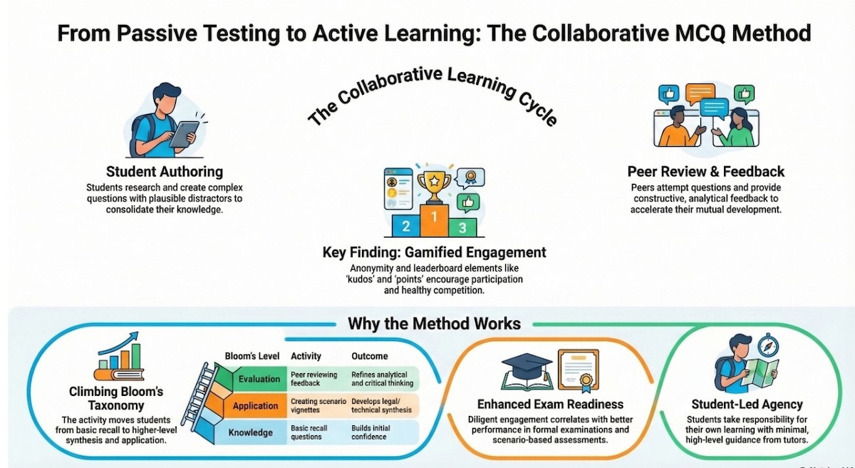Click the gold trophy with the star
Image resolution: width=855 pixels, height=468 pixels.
tap(434, 187)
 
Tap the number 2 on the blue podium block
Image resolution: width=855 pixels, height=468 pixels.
tap(405, 226)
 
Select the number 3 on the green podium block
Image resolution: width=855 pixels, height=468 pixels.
tap(462, 228)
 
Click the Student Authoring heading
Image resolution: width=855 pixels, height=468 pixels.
tap(165, 171)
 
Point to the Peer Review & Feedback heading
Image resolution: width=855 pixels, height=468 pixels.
tap(706, 171)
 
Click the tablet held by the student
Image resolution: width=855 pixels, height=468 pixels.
tap(184, 134)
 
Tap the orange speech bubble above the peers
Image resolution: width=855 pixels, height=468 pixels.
tap(700, 93)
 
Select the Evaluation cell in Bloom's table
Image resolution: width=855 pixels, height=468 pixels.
tap(259, 379)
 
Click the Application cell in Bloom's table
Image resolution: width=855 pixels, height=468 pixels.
tap(255, 406)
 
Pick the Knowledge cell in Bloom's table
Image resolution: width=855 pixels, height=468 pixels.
tap(250, 432)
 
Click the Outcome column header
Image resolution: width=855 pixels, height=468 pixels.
tap(370, 356)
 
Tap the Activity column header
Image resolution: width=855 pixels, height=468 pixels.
tap(306, 356)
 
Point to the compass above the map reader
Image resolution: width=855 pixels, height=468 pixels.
tap(768, 345)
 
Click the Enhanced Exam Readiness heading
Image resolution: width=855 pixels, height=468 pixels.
tap(550, 405)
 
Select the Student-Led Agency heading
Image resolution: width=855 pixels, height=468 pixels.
tap(747, 405)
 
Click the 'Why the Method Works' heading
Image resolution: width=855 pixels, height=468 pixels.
tap(434, 324)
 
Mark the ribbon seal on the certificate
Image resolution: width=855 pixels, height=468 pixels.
tap(586, 382)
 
